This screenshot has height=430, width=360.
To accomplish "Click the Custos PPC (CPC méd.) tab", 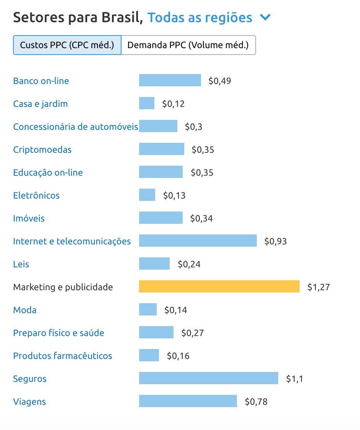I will (x=67, y=45).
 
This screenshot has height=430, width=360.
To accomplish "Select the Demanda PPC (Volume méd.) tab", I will (x=188, y=45).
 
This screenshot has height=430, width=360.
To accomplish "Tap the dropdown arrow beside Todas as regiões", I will (x=265, y=18).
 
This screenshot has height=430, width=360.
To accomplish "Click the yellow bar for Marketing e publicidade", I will (x=219, y=286).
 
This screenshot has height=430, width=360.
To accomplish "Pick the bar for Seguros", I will (x=208, y=378).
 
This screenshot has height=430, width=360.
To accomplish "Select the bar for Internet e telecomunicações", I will (x=198, y=241).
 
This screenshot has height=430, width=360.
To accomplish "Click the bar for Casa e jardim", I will (x=147, y=103).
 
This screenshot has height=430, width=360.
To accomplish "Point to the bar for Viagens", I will (x=188, y=401).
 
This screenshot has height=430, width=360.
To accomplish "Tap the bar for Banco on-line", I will (x=170, y=80).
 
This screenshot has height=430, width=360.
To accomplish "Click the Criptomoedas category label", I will (x=42, y=150).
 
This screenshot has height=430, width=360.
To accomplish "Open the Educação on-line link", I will (x=48, y=173).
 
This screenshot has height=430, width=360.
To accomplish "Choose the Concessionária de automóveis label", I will (x=75, y=127).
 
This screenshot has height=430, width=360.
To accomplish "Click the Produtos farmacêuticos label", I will (x=63, y=356).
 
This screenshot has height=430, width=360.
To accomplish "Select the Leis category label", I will (x=21, y=264).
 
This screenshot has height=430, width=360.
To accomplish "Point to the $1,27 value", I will (x=318, y=287).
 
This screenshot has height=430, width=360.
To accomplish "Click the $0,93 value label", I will (x=276, y=241).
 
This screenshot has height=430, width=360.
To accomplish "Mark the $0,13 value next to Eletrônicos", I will (x=174, y=196).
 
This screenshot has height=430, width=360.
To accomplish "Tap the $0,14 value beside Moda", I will (x=176, y=310).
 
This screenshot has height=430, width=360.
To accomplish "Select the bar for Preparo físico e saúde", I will (x=156, y=332).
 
